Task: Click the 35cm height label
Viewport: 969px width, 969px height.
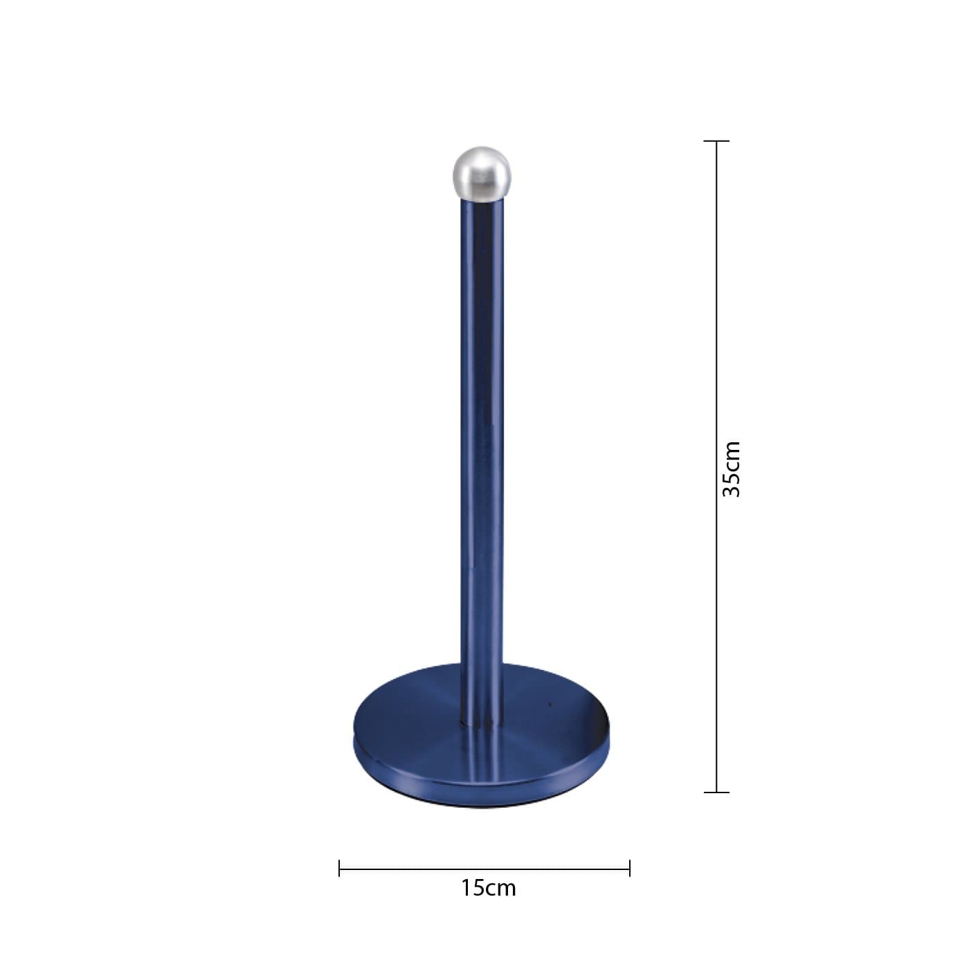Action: click(x=731, y=469)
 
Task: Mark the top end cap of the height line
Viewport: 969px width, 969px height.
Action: click(x=716, y=141)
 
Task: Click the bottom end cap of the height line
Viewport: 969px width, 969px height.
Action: click(x=716, y=806)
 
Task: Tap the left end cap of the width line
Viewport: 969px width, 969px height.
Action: click(x=339, y=869)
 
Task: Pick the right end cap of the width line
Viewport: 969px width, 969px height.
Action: click(x=630, y=869)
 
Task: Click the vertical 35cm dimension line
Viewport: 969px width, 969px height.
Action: click(x=716, y=473)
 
